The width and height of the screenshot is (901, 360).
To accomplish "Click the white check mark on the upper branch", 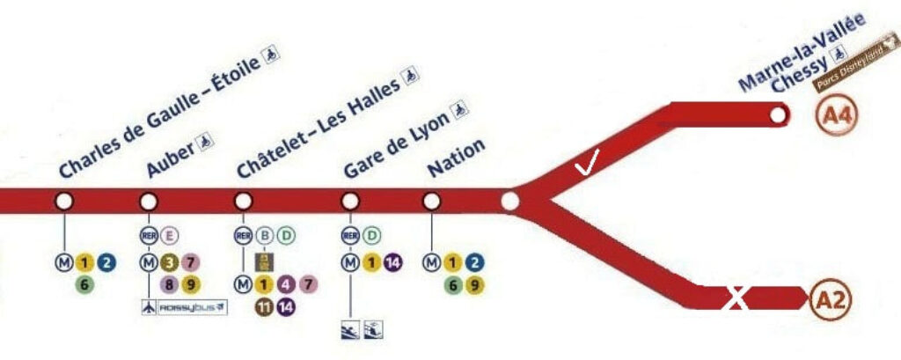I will (x=586, y=165).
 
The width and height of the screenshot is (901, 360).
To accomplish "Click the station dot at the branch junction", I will (x=509, y=202).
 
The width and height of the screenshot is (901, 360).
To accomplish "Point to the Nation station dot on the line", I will (x=431, y=202).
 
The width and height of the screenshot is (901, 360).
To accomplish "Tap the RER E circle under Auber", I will (x=169, y=235).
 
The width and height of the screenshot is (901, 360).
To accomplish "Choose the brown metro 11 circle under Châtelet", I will (x=261, y=306).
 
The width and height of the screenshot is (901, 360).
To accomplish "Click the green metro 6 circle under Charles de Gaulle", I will (x=84, y=283).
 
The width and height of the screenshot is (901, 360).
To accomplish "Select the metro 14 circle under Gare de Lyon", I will (x=392, y=261).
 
